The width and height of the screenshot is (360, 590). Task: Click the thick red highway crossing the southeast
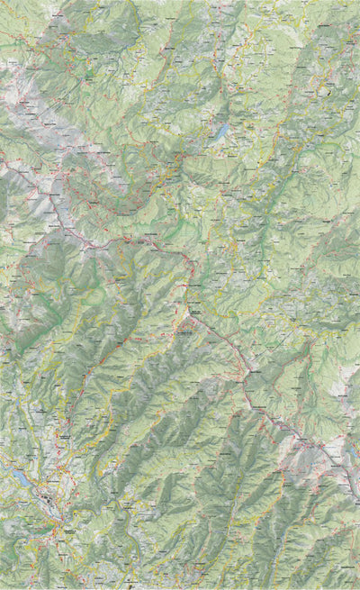(270, 414)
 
